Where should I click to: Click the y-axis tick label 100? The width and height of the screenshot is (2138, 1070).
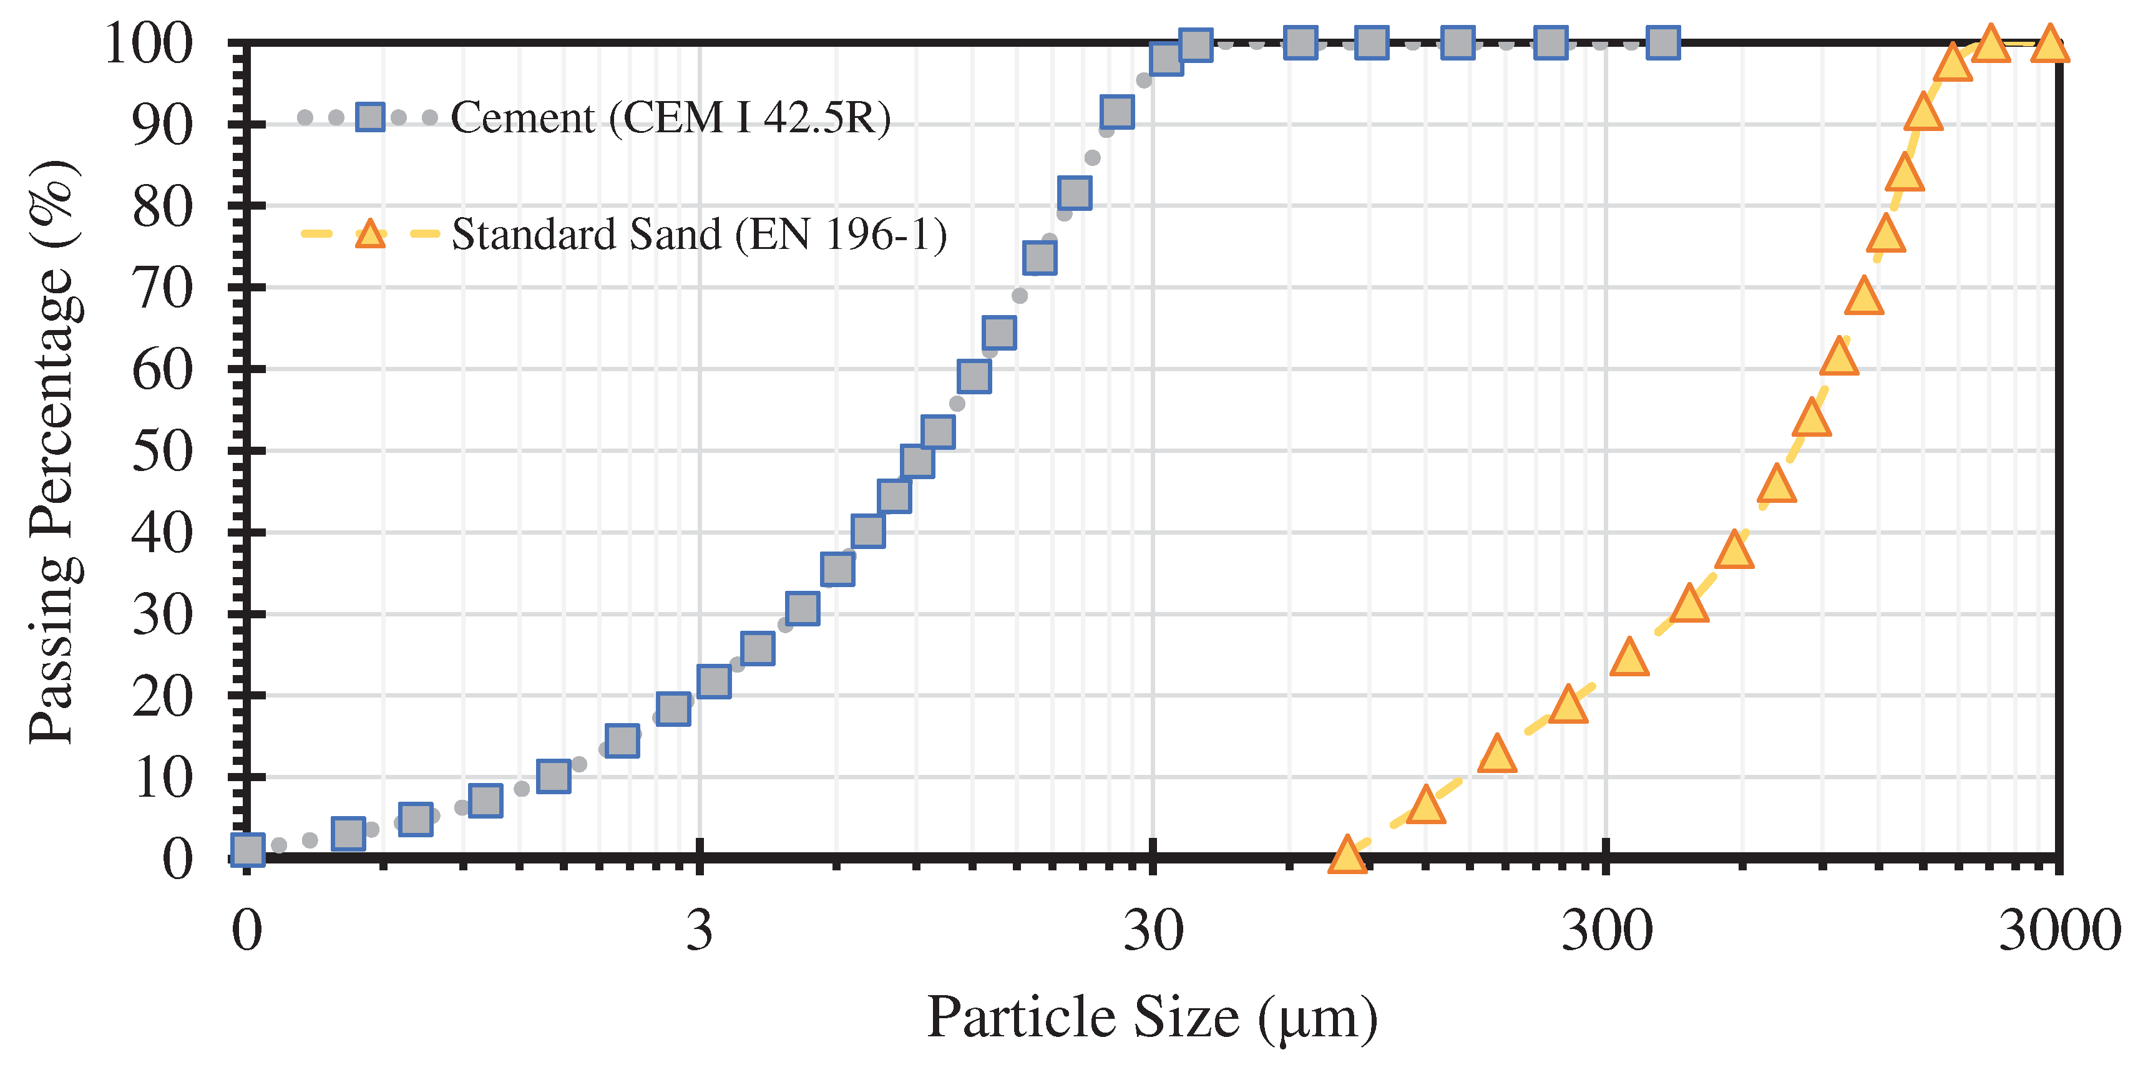click(149, 43)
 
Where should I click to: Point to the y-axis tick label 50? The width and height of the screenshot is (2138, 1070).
click(163, 452)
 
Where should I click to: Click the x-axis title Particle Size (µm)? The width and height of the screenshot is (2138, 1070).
click(1152, 1017)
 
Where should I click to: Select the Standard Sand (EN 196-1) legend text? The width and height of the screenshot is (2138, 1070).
click(699, 234)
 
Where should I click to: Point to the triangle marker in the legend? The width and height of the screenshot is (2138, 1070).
click(370, 235)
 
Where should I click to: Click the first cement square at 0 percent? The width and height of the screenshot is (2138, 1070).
click(247, 849)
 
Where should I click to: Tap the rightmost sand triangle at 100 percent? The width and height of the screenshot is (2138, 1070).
click(2050, 44)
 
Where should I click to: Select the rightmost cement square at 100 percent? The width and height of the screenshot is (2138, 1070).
click(1663, 42)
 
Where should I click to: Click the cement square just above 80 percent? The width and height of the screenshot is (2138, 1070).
click(1075, 192)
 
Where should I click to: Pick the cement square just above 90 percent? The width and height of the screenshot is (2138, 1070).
click(1117, 111)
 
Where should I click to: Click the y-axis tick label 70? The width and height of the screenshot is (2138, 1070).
click(163, 289)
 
